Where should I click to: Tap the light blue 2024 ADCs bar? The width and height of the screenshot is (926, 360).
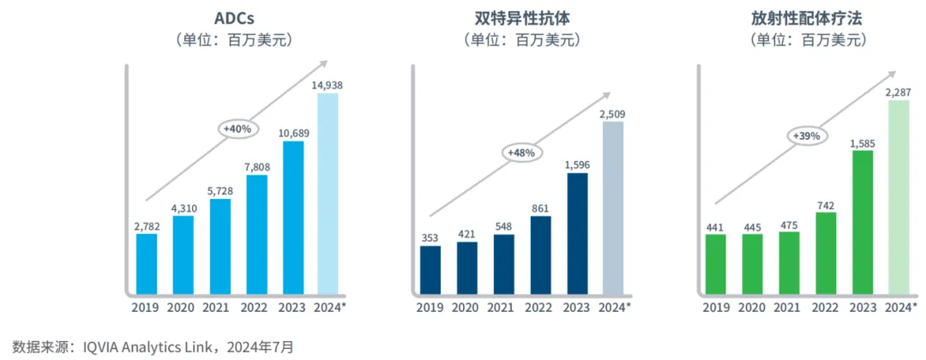328,193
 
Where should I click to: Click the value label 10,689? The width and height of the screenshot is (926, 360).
292,133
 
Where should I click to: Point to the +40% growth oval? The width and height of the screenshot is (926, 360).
236,129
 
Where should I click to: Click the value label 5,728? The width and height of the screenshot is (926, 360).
219,190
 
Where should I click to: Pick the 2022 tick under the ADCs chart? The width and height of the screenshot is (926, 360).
256,307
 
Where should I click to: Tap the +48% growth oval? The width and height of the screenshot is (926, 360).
521,153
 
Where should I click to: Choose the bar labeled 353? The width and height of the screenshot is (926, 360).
430,269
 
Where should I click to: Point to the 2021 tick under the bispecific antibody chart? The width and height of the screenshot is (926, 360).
502,307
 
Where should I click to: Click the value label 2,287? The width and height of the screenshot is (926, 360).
899,85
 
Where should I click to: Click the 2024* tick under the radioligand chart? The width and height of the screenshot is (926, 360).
900,307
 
